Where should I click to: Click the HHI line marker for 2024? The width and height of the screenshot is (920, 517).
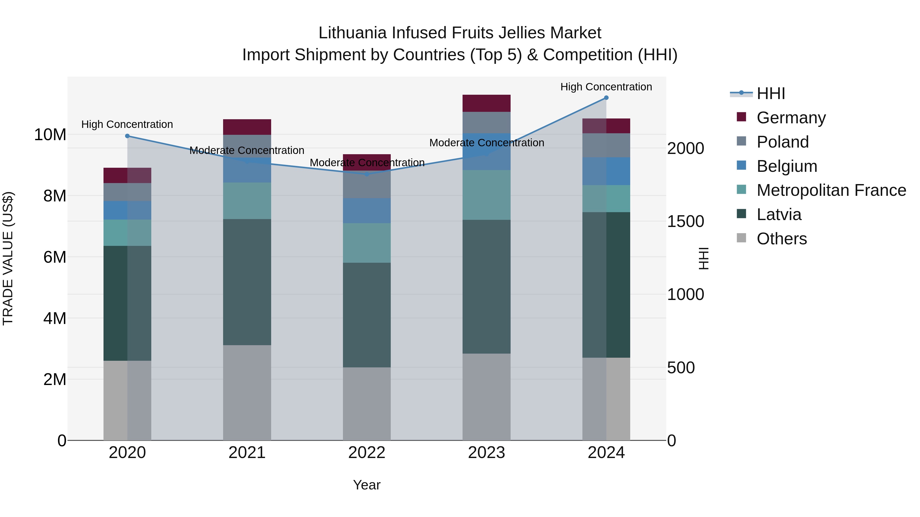[606, 98]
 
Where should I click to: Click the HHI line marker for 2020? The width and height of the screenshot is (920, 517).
[128, 136]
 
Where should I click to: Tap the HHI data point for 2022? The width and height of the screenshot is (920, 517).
[367, 174]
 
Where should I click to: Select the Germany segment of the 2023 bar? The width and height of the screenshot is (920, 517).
[486, 103]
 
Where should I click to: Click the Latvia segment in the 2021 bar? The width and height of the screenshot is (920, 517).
[247, 282]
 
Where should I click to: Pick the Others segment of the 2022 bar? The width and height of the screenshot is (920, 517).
[367, 403]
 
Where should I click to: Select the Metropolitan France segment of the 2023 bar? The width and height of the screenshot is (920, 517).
[486, 195]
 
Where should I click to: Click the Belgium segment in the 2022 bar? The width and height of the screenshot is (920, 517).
[367, 211]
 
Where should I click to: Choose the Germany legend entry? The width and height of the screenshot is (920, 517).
[791, 118]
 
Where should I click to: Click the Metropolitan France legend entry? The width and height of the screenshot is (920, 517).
[831, 190]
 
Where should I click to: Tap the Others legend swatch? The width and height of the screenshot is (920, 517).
[741, 238]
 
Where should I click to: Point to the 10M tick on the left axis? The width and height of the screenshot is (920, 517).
[50, 135]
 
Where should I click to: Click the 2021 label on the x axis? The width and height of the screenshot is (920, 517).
[247, 453]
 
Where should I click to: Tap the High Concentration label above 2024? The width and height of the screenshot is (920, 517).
[606, 87]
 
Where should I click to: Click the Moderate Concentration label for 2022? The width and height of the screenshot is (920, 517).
[367, 163]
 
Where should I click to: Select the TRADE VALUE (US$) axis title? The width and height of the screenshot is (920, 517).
[8, 258]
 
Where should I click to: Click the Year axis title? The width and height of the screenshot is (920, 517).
[367, 485]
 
